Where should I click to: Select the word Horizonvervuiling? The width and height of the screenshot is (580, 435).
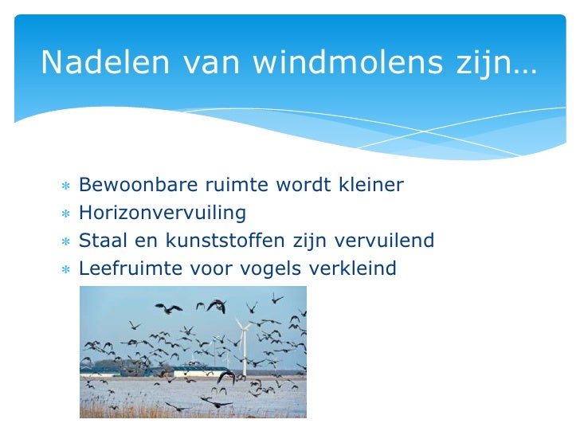163,214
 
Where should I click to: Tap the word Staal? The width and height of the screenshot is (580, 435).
101,241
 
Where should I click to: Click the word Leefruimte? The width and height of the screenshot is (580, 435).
127,268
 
